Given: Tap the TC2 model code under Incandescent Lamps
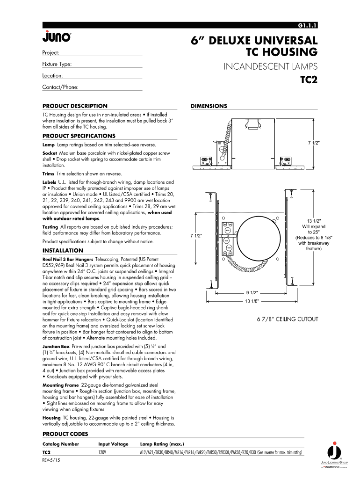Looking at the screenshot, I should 309,80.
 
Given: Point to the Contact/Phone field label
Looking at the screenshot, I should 60,87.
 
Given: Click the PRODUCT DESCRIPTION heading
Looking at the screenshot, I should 75,106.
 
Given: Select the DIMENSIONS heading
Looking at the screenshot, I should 209,106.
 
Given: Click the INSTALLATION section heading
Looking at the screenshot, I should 63,250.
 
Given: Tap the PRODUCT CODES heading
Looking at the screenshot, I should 65,434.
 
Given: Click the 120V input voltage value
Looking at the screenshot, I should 102,453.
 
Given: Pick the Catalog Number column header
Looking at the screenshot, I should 61,444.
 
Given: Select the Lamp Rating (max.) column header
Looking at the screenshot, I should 162,444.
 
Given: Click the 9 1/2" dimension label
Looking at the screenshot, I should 252,292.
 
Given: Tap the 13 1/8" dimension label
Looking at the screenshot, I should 252,301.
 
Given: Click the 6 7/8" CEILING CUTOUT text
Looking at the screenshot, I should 288,319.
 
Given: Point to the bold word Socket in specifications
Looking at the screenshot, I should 50,153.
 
